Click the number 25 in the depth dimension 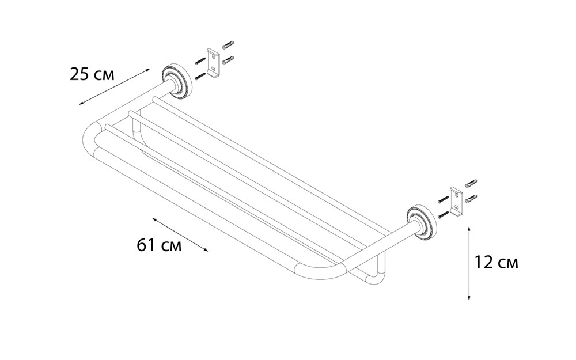click(79, 74)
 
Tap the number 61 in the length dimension click(146, 245)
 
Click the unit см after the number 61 click(170, 247)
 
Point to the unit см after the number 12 click(507, 264)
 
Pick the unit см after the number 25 click(104, 75)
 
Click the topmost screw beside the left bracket click(228, 44)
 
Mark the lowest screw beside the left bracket click(200, 75)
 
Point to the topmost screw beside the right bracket click(471, 183)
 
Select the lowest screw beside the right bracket click(444, 214)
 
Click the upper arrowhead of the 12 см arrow click(469, 229)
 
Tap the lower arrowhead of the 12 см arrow click(469, 298)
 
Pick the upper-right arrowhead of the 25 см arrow click(147, 70)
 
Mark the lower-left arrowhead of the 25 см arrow click(81, 104)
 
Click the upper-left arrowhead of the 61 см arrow click(154, 219)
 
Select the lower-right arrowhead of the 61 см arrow click(206, 250)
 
